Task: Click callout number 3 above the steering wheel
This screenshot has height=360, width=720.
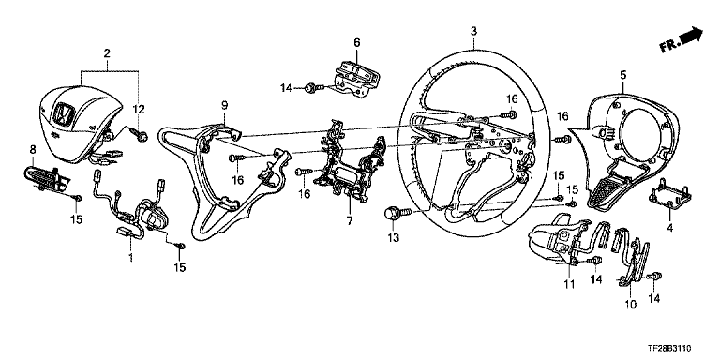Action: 473,31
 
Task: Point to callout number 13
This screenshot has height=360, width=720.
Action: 394,238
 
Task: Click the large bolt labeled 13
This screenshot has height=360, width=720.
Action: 397,213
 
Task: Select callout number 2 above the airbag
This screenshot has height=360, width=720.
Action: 107,52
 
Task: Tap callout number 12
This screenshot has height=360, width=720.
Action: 139,110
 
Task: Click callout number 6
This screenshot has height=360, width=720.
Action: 357,43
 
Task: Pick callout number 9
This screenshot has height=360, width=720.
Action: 225,105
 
